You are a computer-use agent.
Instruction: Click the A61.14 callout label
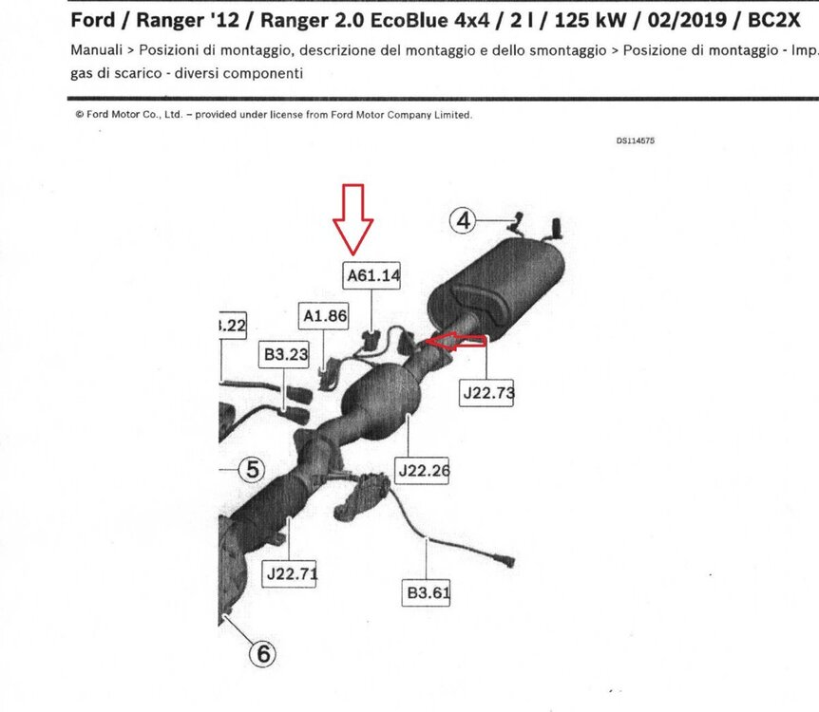pyautogui.click(x=371, y=275)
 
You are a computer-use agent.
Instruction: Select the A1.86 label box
pyautogui.click(x=324, y=316)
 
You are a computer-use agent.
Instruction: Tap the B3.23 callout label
pyautogui.click(x=284, y=354)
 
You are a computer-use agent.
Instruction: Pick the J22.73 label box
pyautogui.click(x=486, y=392)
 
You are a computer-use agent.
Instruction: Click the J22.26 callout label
pyautogui.click(x=422, y=471)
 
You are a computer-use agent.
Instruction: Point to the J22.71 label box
pyautogui.click(x=290, y=573)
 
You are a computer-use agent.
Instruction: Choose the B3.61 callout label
pyautogui.click(x=427, y=592)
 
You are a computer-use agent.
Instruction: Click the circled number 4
pyautogui.click(x=464, y=221)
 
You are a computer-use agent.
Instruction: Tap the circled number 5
pyautogui.click(x=252, y=469)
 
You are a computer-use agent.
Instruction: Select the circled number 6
pyautogui.click(x=263, y=653)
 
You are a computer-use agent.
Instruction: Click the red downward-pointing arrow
pyautogui.click(x=353, y=219)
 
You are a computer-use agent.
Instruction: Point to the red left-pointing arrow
pyautogui.click(x=455, y=343)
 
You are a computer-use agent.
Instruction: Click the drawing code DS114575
pyautogui.click(x=635, y=141)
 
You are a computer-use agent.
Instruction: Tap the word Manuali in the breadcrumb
pyautogui.click(x=96, y=50)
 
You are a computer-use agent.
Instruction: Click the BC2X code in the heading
pyautogui.click(x=773, y=20)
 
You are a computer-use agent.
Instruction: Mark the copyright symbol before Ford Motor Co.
pyautogui.click(x=80, y=114)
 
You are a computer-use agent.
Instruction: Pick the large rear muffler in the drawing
pyautogui.click(x=496, y=289)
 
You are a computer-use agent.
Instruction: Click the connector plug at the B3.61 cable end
pyautogui.click(x=505, y=562)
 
